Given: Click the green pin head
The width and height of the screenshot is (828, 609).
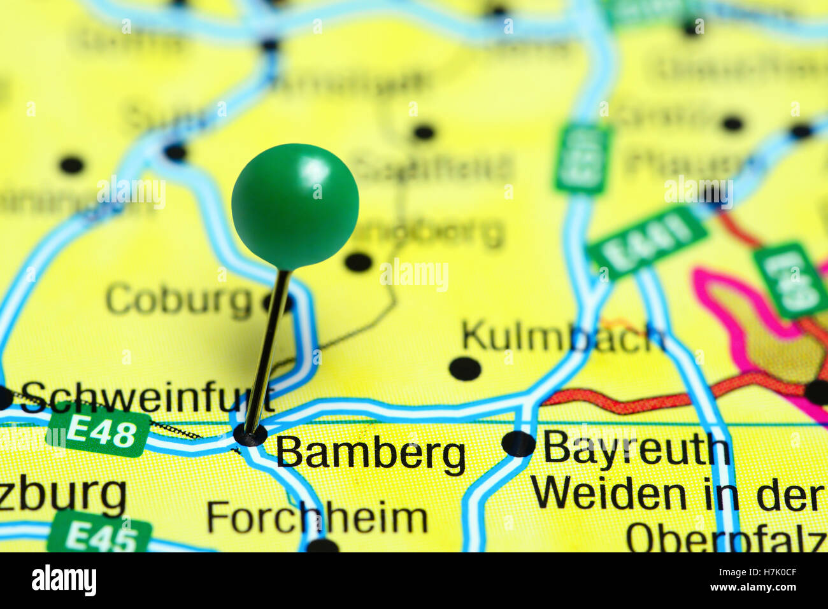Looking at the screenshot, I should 295,205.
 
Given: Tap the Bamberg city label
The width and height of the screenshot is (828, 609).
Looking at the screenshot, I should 371,454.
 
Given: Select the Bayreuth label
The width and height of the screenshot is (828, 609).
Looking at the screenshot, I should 636,449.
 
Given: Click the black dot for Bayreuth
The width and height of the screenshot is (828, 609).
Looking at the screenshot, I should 518,444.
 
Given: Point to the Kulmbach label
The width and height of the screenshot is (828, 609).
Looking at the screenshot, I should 563,337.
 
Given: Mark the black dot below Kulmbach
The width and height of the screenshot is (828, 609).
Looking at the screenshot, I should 464,368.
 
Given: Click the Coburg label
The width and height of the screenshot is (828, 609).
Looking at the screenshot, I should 179,300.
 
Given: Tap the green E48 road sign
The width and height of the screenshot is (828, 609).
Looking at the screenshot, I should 99,435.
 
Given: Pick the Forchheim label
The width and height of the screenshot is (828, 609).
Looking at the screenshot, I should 317,518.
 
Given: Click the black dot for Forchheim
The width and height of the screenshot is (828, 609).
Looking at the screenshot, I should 323,545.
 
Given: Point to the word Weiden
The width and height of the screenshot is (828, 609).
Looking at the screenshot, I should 608,494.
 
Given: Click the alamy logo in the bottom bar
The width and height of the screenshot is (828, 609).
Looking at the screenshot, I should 64,580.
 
